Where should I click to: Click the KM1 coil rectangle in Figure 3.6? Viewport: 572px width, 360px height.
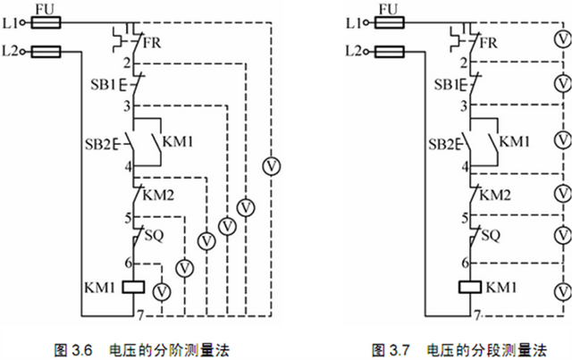click(x=133, y=289)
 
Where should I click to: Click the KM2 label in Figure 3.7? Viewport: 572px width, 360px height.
click(x=495, y=195)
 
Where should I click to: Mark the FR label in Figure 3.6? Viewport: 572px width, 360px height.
click(x=155, y=43)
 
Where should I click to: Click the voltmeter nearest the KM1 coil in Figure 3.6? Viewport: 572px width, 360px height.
click(x=162, y=291)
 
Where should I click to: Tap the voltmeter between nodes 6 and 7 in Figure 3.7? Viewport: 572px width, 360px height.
click(x=561, y=291)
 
